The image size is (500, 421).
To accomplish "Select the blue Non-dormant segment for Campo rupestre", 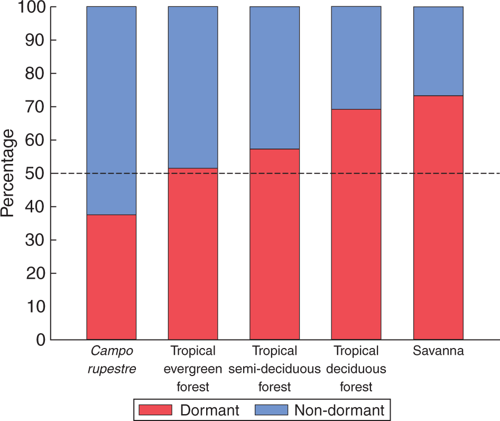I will click(111, 111).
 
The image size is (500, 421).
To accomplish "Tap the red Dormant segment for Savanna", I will click(438, 217).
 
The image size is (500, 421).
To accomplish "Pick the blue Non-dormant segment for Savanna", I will click(438, 51).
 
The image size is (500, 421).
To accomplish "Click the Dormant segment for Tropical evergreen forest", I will click(193, 254).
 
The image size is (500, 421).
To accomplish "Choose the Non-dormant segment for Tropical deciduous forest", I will click(356, 58).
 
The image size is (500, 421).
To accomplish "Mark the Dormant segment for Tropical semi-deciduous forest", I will click(275, 244).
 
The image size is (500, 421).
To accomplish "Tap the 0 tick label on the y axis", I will click(40, 340).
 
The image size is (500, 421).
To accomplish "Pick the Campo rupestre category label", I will click(111, 360).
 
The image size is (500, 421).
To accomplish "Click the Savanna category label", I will click(438, 351).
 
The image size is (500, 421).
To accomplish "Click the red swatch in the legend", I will click(155, 410).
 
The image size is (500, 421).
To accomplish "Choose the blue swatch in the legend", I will click(271, 410).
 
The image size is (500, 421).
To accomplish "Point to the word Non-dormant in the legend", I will click(339, 410).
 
